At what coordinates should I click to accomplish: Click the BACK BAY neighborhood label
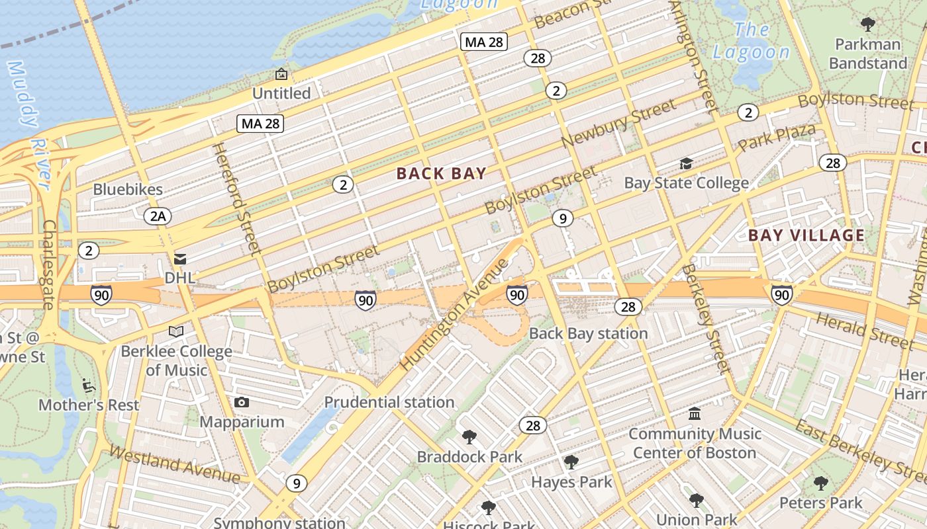coord(442,174)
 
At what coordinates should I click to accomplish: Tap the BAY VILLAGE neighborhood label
coord(806,235)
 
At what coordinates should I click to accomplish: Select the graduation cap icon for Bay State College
coord(686,163)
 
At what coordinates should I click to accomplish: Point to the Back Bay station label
coord(588,333)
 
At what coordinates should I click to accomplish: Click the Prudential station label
coord(389,402)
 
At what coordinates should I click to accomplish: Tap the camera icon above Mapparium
coord(242,402)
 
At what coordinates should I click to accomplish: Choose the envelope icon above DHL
coord(180,259)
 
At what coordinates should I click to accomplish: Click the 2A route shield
coord(158,216)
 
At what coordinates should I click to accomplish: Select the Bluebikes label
coord(128,190)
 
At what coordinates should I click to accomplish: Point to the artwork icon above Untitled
coord(281,74)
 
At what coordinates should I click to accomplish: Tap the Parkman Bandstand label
coord(867,54)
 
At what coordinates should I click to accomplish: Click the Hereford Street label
coord(236,198)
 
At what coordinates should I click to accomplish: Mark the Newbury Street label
coord(619,124)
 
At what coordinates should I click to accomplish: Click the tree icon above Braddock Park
coord(469,436)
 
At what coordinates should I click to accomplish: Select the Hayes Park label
coord(571,483)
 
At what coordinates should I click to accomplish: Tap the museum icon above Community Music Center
coord(695,414)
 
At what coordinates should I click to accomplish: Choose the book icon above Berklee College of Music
coord(176,331)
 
